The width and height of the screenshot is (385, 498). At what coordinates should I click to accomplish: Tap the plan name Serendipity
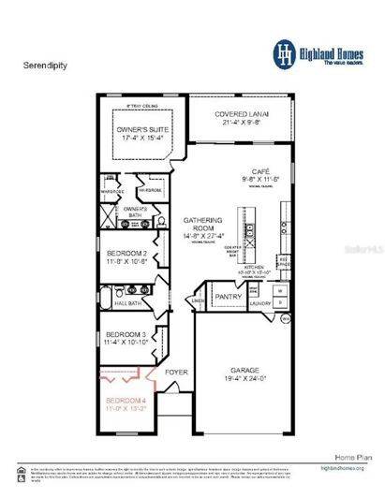(40, 67)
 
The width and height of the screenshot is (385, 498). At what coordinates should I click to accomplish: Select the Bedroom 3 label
(126, 334)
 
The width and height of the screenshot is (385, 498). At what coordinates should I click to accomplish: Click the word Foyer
(176, 372)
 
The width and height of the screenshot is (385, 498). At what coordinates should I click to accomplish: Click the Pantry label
(228, 297)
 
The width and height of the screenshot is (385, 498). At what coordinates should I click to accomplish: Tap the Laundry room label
(260, 303)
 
